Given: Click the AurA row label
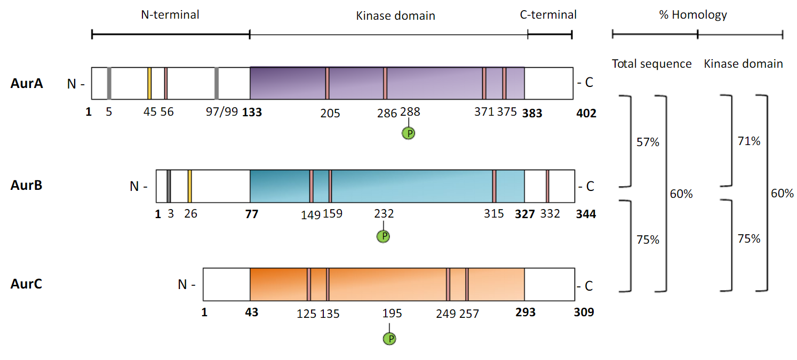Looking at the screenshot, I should coord(26,83).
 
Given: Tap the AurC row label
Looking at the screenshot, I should coord(26,284).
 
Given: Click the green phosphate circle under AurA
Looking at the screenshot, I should coord(409,133).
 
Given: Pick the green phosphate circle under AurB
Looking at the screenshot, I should coord(383,236).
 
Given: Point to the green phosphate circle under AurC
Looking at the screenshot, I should coord(390,338).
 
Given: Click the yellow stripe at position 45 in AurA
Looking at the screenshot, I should coord(149,83).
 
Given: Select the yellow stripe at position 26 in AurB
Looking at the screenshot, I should coord(190,186).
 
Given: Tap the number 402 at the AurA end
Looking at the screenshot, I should coord(586,113).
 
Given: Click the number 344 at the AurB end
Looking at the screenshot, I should coord(586,214).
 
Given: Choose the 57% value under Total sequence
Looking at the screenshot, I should coord(648,142).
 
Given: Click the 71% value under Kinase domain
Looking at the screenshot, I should coord(749,141).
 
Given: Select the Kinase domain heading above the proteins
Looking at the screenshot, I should coord(395,16).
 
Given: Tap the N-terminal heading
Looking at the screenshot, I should coord(170,15).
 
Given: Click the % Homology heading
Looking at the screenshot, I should coord(693,15).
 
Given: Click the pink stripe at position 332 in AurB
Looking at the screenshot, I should coord(547,186).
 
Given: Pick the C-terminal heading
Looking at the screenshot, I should coord(548,15).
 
